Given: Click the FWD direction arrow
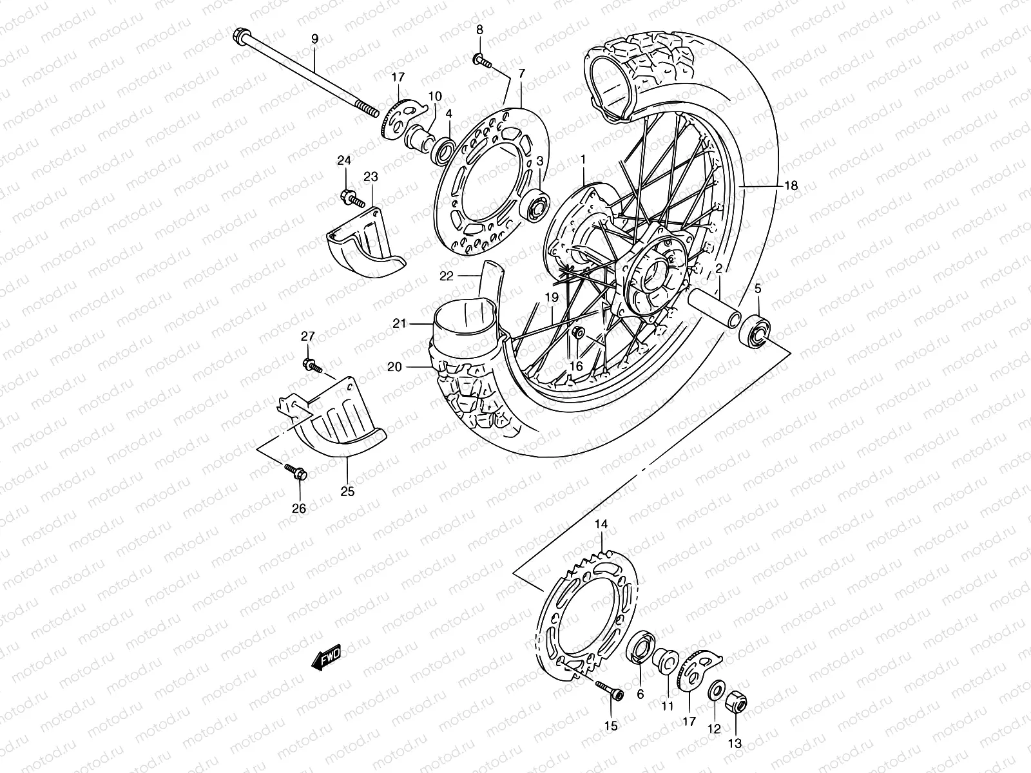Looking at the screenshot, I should (326, 658).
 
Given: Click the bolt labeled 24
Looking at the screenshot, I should (348, 197).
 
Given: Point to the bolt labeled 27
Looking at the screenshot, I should (312, 365).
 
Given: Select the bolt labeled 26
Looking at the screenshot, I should (295, 472).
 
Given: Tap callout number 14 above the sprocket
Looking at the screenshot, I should (601, 525).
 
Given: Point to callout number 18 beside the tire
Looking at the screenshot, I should (791, 186).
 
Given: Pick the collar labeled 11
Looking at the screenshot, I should (664, 662).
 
